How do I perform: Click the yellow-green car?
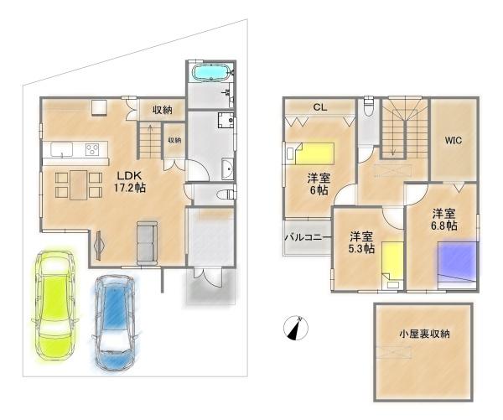[54, 306]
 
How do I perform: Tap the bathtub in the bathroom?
[210, 72]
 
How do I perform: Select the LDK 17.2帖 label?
[129, 181]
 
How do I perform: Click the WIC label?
[454, 140]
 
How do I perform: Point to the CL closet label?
[320, 107]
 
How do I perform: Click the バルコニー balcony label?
[308, 238]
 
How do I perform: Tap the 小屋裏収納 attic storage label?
[424, 334]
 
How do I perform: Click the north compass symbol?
[296, 328]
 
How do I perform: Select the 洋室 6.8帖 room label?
[444, 220]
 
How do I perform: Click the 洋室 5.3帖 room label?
[361, 242]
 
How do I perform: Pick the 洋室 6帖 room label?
[319, 184]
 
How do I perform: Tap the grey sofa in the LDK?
[147, 242]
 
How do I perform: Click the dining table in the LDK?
[79, 184]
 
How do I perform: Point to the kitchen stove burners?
[92, 149]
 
